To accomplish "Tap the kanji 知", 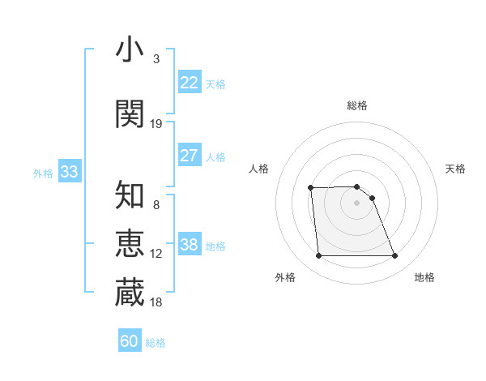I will pyautogui.click(x=130, y=195).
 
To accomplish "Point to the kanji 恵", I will pyautogui.click(x=130, y=243).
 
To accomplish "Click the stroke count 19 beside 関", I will pyautogui.click(x=156, y=124).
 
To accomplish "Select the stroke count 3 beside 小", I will pyautogui.click(x=156, y=59).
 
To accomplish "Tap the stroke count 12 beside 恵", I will pyautogui.click(x=156, y=254).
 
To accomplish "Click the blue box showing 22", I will pyautogui.click(x=190, y=82).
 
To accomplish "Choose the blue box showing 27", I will pyautogui.click(x=190, y=155).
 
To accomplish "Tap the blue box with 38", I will pyautogui.click(x=190, y=244).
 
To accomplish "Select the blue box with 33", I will pyautogui.click(x=69, y=171).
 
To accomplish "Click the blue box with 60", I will pyautogui.click(x=130, y=341).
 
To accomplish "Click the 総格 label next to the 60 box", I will pyautogui.click(x=156, y=343).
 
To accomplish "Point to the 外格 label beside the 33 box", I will pyautogui.click(x=43, y=173).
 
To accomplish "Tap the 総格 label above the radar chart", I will pyautogui.click(x=357, y=105).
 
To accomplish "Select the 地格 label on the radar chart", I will pyautogui.click(x=424, y=277).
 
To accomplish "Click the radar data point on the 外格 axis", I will pyautogui.click(x=318, y=256).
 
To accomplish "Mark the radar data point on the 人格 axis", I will pyautogui.click(x=310, y=188).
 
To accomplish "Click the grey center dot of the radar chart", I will pyautogui.click(x=357, y=203).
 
